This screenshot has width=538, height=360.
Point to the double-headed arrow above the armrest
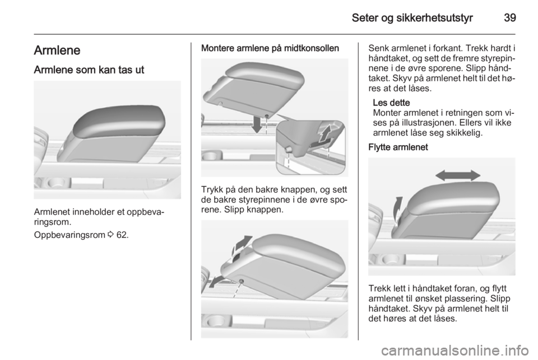[457, 176]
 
